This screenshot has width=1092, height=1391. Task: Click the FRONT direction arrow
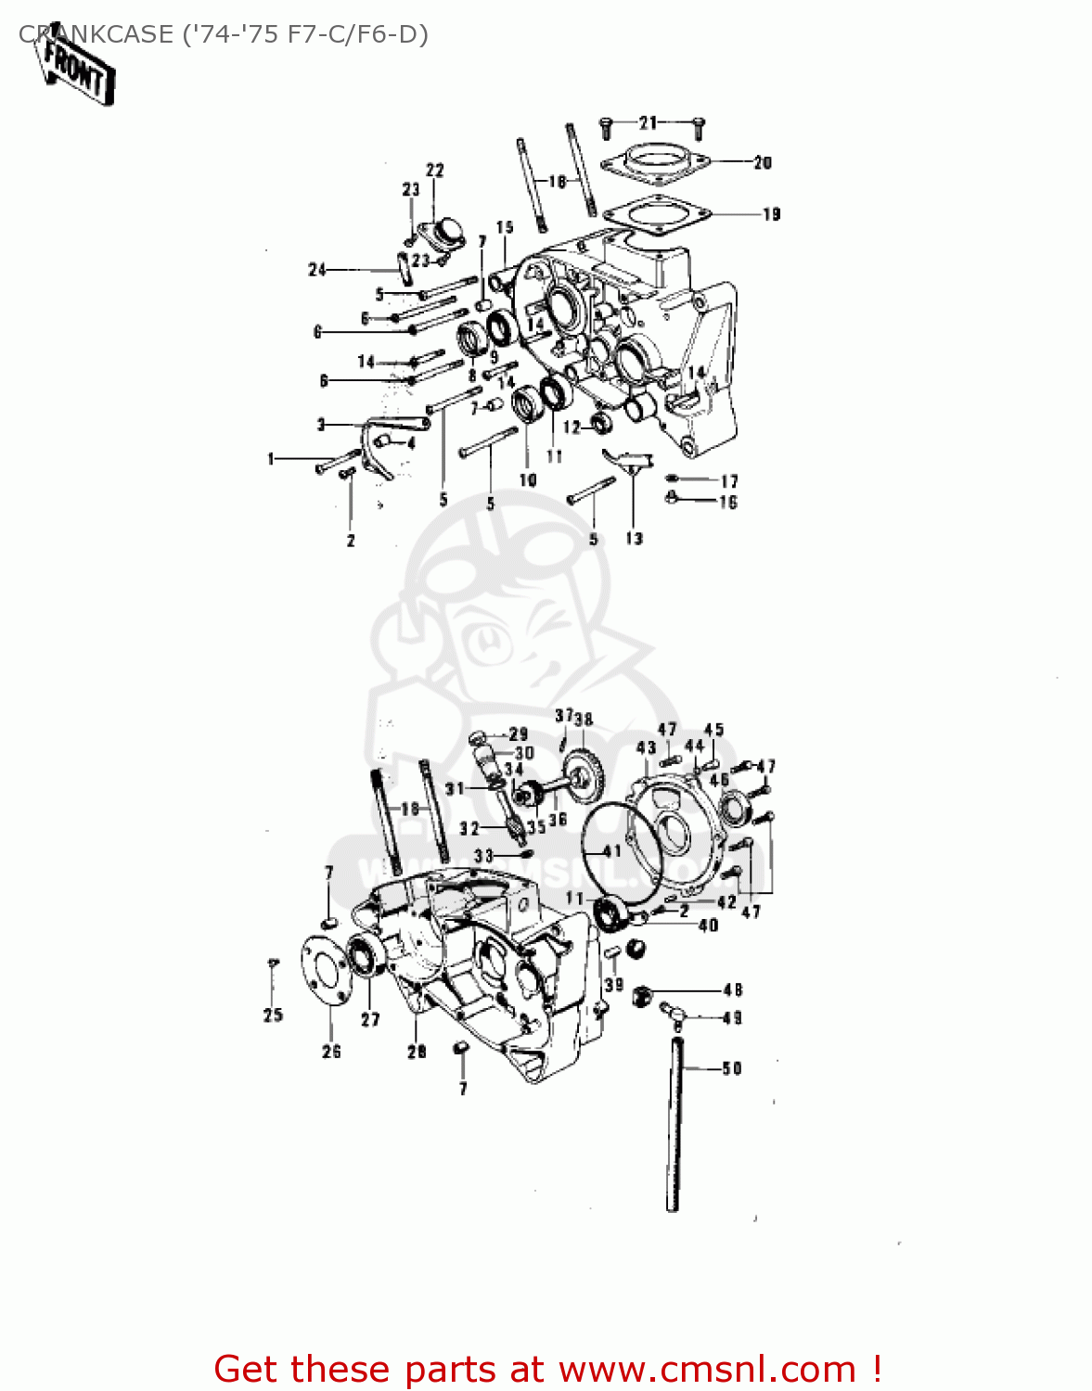point(78,72)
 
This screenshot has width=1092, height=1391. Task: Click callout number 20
point(762,162)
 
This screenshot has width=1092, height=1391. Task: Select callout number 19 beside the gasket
point(771,214)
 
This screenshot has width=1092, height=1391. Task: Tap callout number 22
point(434,170)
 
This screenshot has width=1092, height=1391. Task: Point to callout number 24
point(317,270)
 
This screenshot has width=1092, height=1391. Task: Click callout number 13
point(634,538)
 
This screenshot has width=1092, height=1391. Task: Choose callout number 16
point(728,502)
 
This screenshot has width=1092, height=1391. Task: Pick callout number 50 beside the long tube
point(732,1068)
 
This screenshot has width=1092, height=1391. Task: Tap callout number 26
point(331,1051)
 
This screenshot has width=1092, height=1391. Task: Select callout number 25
point(273,1015)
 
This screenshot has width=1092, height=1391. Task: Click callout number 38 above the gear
point(584,719)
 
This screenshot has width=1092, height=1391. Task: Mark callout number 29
point(518,734)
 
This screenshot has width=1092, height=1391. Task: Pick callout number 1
point(271,458)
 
